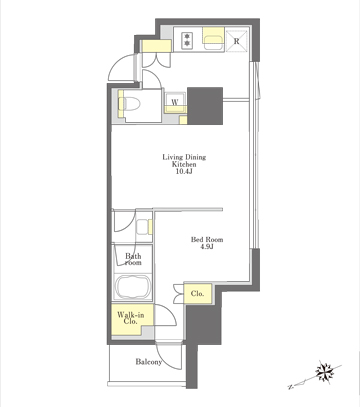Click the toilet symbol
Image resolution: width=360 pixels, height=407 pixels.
(x=130, y=104)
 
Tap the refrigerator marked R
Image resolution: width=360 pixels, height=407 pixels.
(x=236, y=41)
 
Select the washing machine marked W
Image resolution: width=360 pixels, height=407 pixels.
(x=175, y=102)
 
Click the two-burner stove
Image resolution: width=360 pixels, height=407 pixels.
(x=187, y=40)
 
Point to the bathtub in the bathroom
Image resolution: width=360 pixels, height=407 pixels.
(x=132, y=287)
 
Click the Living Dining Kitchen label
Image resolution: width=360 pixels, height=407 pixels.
(x=184, y=160)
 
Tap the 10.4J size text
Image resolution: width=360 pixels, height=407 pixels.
(x=185, y=172)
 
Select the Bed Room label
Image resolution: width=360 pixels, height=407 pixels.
(x=207, y=239)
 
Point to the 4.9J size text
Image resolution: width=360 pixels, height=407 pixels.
(x=207, y=247)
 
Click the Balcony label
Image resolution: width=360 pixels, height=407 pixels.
(x=149, y=362)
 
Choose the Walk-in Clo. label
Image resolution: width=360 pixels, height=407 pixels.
(x=130, y=318)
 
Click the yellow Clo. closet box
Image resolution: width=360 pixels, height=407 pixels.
(x=198, y=293)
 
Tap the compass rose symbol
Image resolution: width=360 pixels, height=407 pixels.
(x=325, y=371)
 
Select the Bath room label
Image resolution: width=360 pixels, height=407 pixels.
(x=133, y=259)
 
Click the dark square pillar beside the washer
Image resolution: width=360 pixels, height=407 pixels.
(x=205, y=106)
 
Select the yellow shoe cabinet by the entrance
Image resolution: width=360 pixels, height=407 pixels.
(x=156, y=46)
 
